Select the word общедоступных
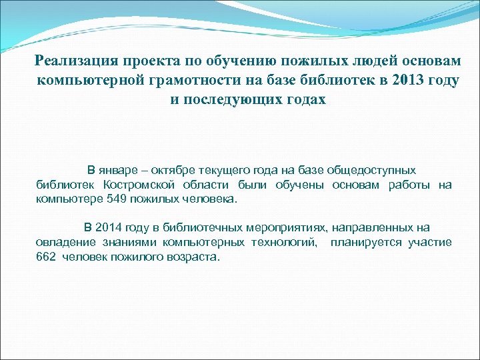(x=375, y=171)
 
